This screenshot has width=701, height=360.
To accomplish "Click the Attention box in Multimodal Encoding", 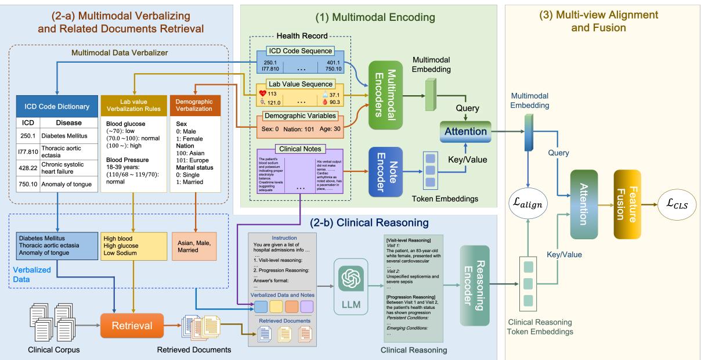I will pos(466,131).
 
